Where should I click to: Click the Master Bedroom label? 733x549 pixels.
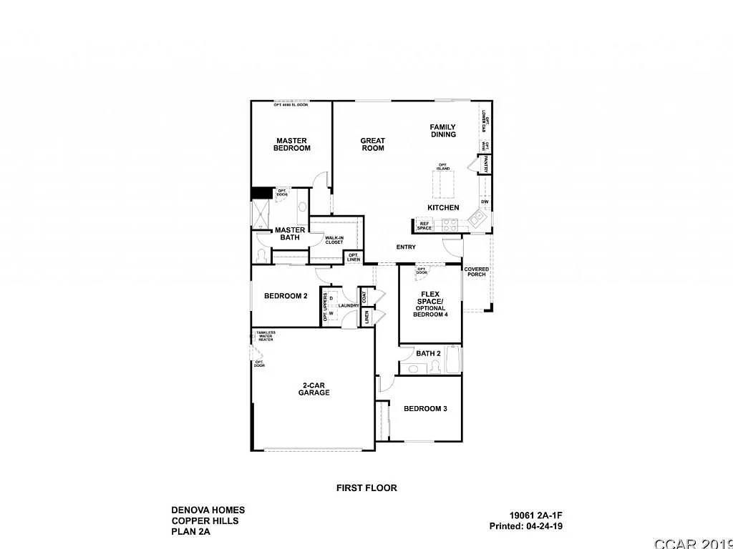292,144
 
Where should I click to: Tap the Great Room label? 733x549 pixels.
372,144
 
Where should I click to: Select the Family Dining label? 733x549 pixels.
442,131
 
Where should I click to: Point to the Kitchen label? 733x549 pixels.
443,207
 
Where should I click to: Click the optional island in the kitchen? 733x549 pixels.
444,184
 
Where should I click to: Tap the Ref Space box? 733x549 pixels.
424,226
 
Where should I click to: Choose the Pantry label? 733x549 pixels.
486,164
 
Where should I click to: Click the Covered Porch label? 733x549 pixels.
477,272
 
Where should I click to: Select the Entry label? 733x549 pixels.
406,247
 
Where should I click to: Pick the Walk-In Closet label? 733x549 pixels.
334,239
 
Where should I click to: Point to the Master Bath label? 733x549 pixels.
291,233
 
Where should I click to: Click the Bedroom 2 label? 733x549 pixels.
286,296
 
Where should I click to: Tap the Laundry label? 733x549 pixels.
349,306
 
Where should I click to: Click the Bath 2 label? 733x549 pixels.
428,353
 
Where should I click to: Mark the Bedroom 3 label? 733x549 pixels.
425,409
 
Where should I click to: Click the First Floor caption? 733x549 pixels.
366,488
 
